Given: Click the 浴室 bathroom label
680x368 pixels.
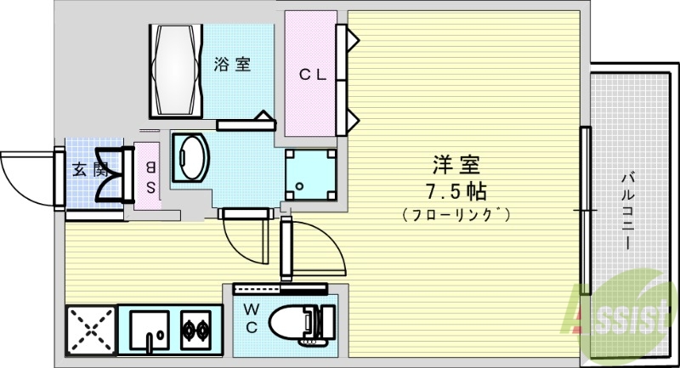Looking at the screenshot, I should point(231,64).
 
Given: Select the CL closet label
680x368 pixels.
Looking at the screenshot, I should point(312,74).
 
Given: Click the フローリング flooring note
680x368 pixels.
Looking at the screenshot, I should point(456,215).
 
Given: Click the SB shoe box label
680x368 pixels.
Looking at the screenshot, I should point(150,178).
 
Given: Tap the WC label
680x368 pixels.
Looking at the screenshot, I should point(252,315).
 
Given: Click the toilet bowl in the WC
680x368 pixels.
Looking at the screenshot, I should point(293,323).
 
